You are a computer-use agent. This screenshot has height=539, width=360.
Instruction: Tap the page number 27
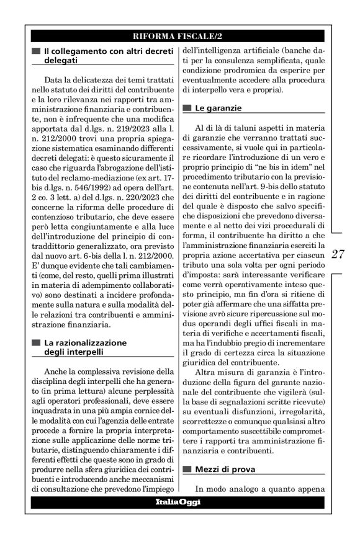(339, 254)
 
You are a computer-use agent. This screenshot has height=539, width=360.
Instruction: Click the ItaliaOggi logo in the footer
(179, 502)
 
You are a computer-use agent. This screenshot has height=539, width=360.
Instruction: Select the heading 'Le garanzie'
(215, 108)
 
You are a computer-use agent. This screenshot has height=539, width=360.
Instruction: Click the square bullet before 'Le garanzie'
(188, 108)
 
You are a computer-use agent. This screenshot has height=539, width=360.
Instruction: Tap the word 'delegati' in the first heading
(61, 60)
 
